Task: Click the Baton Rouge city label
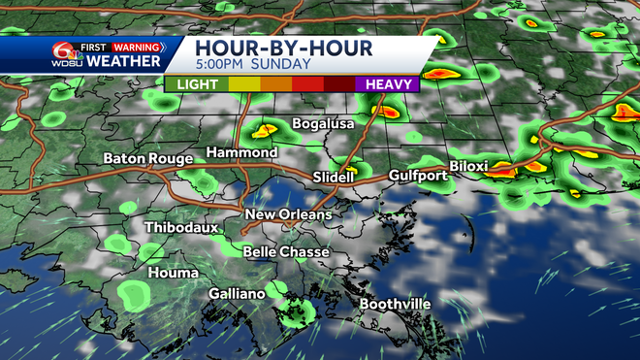144,158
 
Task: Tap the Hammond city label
241,153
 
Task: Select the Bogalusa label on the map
323,124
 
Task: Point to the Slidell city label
336,177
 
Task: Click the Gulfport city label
417,176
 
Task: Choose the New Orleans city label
287,214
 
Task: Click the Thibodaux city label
181,227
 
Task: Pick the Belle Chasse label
286,252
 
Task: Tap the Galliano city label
238,293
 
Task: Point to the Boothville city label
395,305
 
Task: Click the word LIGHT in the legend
197,84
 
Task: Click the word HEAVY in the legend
388,84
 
